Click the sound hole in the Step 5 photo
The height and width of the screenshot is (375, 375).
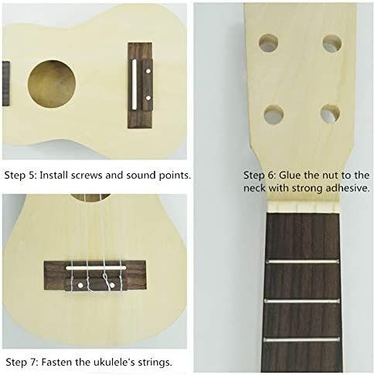pyautogui.click(x=52, y=84)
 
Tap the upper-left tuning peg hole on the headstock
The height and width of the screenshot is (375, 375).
pyautogui.click(x=268, y=43)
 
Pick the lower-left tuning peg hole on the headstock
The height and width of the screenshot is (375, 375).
pyautogui.click(x=273, y=114)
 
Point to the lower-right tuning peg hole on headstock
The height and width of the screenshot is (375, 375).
pyautogui.click(x=330, y=114)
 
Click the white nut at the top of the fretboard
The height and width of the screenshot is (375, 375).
pyautogui.click(x=305, y=208)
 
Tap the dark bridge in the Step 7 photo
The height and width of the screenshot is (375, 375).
pyautogui.click(x=94, y=275)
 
